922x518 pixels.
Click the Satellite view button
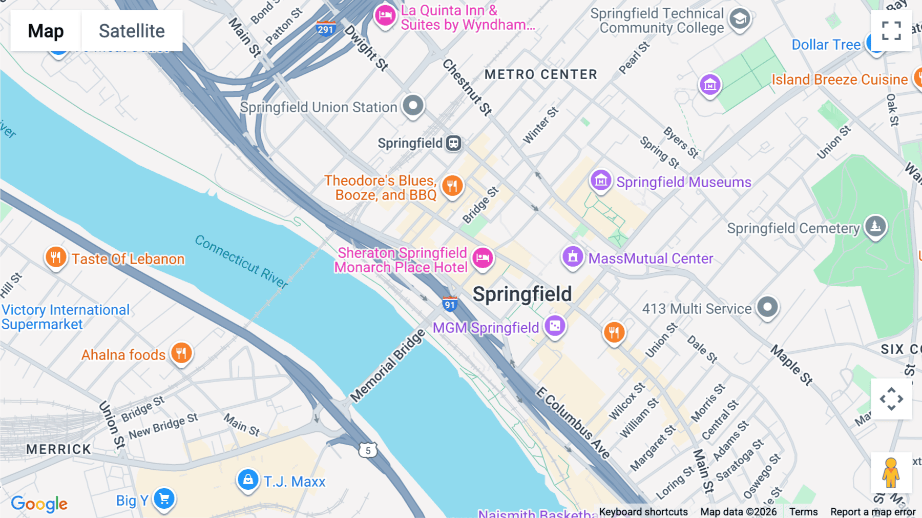click(x=132, y=31)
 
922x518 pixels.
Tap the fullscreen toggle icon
click(x=891, y=31)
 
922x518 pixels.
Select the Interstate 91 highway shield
click(x=450, y=304)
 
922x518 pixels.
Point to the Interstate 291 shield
click(x=326, y=28)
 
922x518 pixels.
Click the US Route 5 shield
click(x=368, y=450)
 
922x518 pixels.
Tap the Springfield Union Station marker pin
click(x=413, y=106)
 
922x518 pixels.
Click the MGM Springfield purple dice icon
click(x=555, y=326)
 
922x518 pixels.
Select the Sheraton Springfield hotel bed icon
click(x=483, y=258)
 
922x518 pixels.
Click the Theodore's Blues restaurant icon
click(x=452, y=186)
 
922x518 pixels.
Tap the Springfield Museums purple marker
click(x=601, y=181)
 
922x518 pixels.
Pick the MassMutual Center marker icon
click(x=573, y=256)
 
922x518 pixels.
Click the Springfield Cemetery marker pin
click(x=875, y=226)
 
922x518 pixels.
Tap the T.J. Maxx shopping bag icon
click(x=248, y=480)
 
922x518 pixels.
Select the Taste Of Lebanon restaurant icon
click(x=56, y=257)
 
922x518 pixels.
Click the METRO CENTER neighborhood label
click(x=541, y=75)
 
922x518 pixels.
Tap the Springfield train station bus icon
click(x=453, y=143)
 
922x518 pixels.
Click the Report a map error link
click(x=873, y=512)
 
